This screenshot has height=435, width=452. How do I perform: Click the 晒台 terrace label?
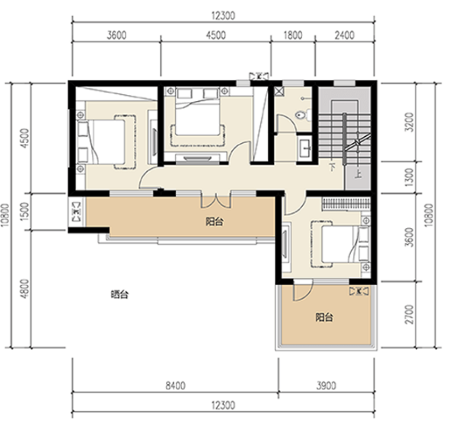119,295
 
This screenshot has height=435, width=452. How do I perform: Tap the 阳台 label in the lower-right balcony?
324,317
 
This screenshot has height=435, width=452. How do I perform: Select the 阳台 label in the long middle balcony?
215,221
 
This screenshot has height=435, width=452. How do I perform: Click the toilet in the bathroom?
304,115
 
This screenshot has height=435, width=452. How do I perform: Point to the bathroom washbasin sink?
305,148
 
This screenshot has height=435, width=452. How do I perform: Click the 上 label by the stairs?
358,174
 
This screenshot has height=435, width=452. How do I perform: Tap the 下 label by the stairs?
332,167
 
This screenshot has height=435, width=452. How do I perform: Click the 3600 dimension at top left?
116,35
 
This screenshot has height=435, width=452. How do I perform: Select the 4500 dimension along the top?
216,35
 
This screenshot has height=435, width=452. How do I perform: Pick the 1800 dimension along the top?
293,35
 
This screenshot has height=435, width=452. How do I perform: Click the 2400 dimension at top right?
345,35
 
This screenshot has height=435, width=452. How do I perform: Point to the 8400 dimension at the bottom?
175,385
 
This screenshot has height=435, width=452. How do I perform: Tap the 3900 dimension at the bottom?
326,385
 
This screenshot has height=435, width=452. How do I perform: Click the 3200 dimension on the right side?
409,122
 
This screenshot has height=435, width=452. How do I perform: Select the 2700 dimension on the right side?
409,314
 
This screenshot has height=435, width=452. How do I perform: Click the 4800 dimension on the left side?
25,289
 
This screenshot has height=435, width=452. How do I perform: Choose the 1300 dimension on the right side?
409,177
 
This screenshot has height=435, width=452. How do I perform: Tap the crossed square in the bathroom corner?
279,91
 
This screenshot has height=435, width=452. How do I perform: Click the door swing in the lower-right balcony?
304,291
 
